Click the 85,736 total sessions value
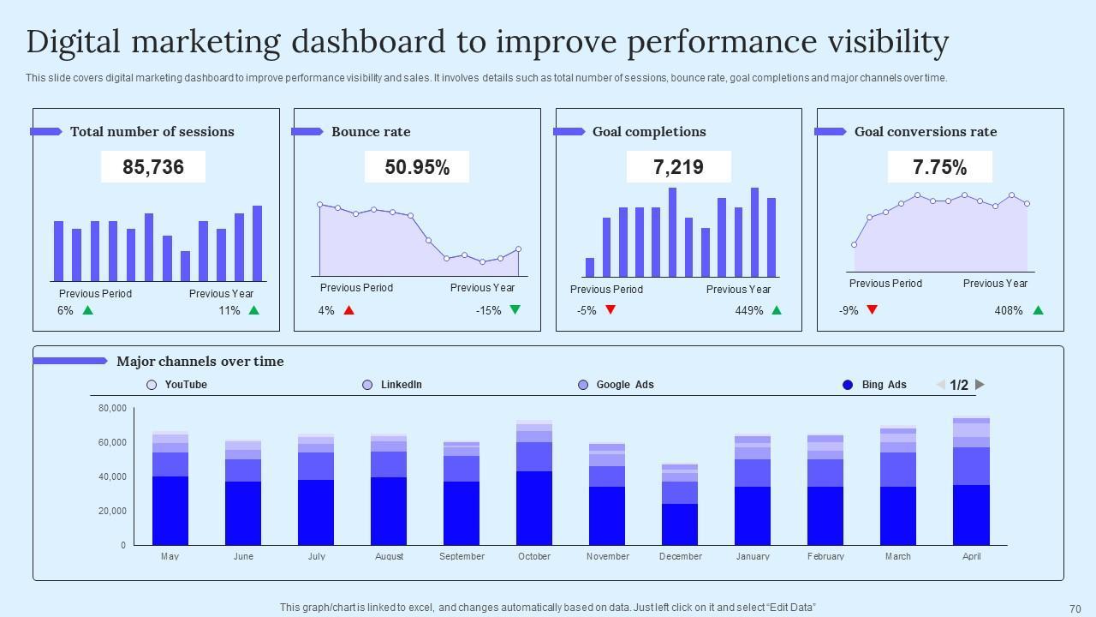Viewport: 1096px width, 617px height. pos(153,167)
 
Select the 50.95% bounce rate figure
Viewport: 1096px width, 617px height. pos(417,167)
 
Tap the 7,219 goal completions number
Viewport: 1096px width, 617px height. pos(678,167)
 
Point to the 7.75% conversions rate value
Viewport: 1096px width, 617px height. pos(939,167)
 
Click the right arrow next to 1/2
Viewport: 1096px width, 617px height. pos(980,385)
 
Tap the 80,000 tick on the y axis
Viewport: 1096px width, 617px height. pos(112,408)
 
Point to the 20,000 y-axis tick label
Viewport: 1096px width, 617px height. pos(112,511)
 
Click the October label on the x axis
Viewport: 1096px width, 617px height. pos(534,556)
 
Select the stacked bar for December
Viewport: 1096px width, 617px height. pos(680,506)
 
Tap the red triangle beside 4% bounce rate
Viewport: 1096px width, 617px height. pos(348,310)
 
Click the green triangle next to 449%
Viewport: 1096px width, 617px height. pos(777,310)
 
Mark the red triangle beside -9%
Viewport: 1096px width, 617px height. pos(872,310)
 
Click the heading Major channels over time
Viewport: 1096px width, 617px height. pos(200,362)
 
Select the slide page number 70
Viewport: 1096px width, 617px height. pos(1075,608)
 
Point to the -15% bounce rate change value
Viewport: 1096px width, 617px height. pos(488,310)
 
